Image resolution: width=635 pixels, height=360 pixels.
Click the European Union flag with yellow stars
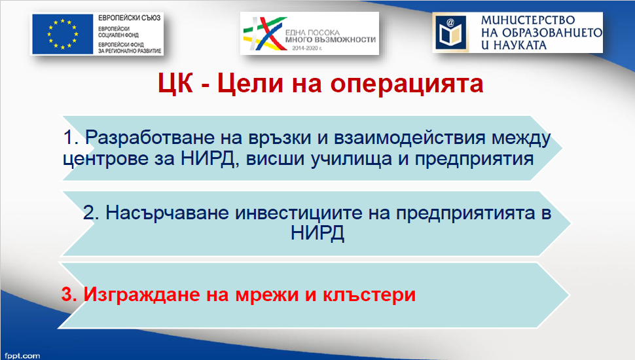click(63, 35)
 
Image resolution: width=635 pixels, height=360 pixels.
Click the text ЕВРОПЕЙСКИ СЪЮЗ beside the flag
click(129, 18)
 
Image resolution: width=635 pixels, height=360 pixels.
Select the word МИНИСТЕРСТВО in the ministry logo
click(528, 20)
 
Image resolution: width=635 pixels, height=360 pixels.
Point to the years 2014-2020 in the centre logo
click(307, 48)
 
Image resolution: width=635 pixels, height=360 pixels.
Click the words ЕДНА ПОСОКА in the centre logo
click(312, 32)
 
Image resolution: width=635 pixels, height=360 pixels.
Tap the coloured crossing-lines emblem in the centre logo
click(263, 33)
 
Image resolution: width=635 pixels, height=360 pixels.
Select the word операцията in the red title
click(407, 84)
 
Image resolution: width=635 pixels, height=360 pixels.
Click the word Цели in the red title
click(250, 83)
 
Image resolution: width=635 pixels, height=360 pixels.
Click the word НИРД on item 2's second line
click(317, 233)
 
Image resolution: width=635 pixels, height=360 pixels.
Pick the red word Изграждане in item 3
click(142, 295)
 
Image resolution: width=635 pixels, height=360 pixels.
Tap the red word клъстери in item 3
click(369, 295)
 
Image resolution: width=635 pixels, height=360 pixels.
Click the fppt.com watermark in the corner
click(22, 355)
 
